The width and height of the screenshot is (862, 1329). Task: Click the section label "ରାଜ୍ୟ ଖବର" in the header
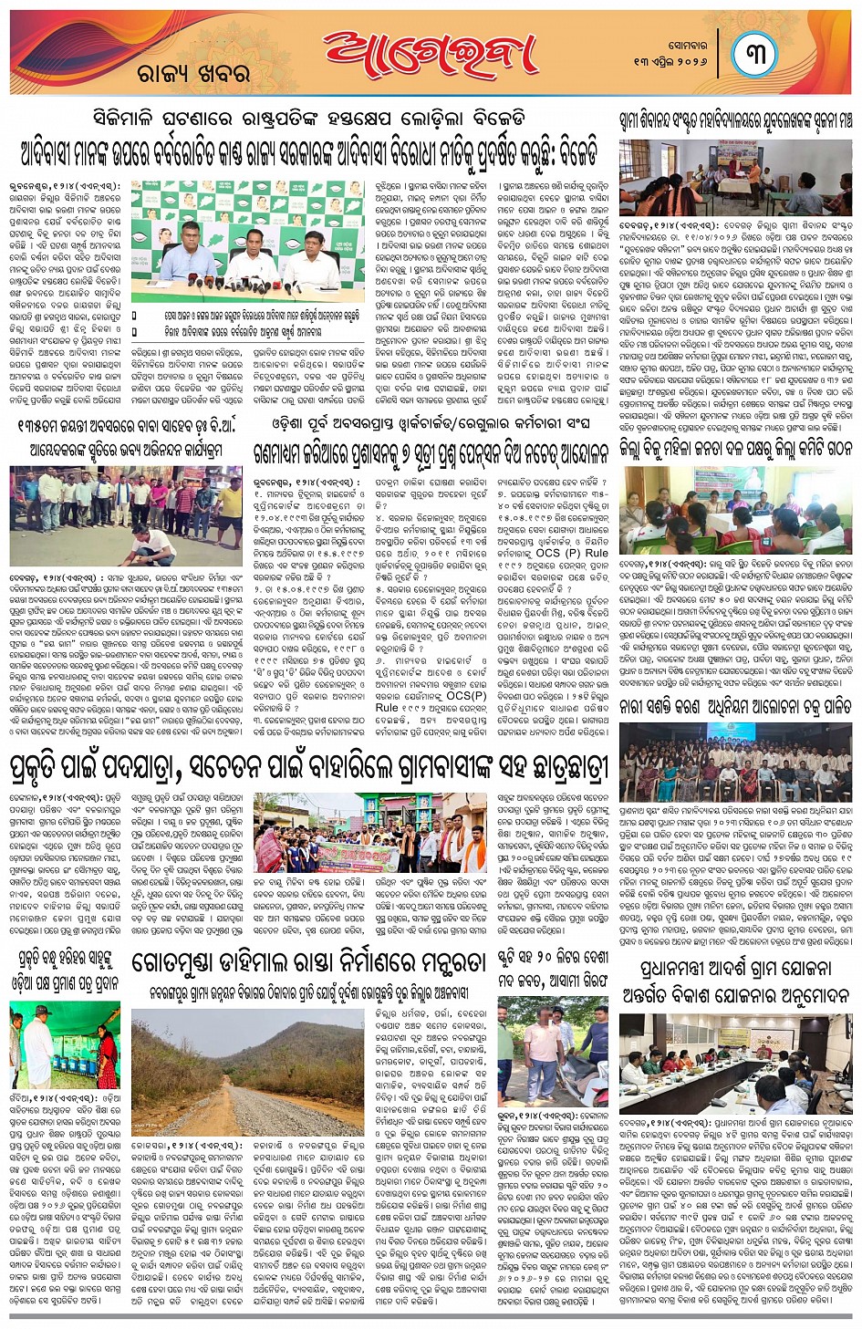coord(192,74)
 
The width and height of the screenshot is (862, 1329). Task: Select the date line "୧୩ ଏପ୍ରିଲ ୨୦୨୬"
coord(670,60)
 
